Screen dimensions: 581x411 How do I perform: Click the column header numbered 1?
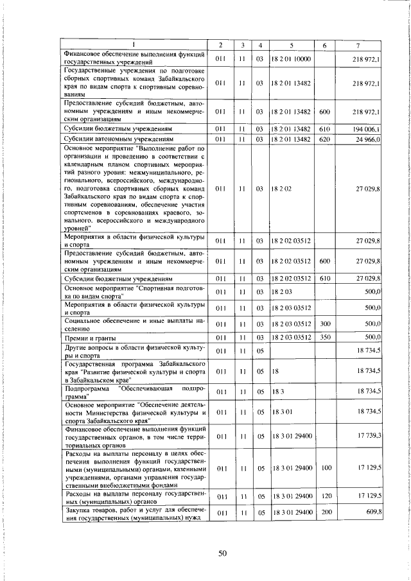click(134, 44)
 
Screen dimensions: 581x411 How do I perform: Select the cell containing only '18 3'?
click(279, 391)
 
